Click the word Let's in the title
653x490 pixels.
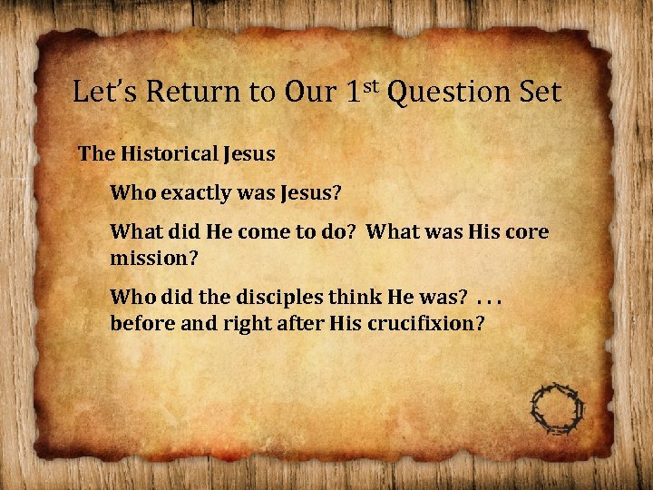[107, 92]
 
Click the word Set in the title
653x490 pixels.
[541, 92]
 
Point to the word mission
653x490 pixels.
[151, 257]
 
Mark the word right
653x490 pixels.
[245, 323]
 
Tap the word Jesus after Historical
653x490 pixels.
[246, 153]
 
